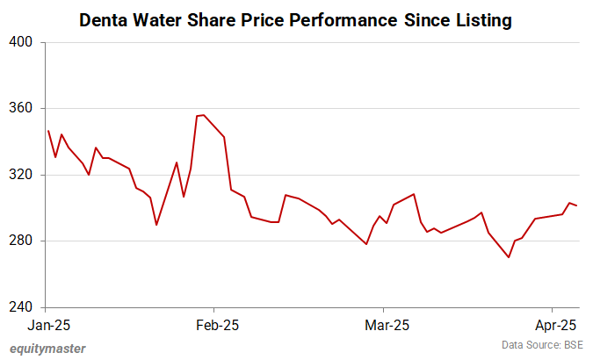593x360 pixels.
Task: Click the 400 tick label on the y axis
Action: [20, 42]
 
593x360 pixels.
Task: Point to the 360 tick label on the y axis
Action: [20, 109]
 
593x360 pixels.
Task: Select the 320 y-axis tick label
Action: [20, 175]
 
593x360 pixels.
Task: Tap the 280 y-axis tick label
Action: [20, 241]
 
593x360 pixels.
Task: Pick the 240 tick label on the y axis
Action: [20, 308]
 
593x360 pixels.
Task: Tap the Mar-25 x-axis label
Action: [384, 324]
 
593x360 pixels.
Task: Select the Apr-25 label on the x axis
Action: [552, 324]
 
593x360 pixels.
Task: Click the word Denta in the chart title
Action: [105, 19]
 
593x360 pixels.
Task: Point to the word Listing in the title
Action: [481, 19]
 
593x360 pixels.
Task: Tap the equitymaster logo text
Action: [48, 348]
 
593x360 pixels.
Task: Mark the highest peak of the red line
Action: [203, 115]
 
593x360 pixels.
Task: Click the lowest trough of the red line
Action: [509, 257]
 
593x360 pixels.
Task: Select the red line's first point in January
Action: [48, 131]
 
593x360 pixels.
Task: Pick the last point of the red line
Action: [576, 205]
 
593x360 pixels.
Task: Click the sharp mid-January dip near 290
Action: [156, 225]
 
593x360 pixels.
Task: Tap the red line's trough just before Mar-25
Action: [366, 244]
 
